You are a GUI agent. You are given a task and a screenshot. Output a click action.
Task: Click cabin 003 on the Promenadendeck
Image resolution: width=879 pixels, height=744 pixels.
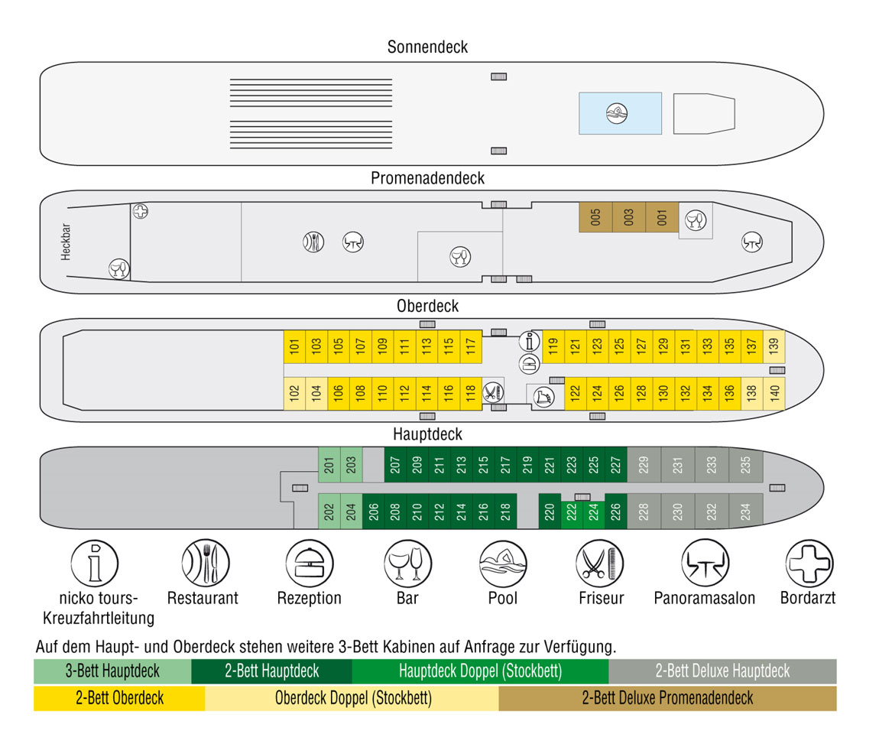628,217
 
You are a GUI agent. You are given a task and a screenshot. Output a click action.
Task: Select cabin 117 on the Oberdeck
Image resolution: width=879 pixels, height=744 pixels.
471,346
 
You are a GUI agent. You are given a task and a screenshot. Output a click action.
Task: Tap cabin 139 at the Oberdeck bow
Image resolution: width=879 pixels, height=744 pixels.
774,346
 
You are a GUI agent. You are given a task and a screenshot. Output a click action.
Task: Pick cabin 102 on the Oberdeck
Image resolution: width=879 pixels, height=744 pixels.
294,393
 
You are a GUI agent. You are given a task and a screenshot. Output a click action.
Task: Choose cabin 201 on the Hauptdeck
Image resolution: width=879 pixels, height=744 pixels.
329,465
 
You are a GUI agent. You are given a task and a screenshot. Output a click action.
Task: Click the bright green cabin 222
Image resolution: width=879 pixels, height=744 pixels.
571,512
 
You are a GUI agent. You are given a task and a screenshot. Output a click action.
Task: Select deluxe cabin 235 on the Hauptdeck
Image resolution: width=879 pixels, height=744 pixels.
745,465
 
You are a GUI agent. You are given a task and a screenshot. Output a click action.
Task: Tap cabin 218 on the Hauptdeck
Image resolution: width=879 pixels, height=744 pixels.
506,512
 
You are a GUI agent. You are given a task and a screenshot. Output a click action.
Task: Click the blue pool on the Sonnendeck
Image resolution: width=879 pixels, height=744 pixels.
620,113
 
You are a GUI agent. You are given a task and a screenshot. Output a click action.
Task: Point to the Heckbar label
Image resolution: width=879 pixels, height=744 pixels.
66,242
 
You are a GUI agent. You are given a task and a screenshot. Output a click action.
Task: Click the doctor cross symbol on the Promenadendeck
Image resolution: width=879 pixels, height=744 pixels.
140,211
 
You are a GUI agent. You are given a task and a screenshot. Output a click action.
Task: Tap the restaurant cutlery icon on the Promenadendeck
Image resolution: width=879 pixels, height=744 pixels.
313,242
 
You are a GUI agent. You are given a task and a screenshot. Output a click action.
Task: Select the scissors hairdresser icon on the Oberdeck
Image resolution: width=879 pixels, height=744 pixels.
492,392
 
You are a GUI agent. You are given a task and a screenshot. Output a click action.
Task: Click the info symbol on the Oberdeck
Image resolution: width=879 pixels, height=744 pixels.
529,341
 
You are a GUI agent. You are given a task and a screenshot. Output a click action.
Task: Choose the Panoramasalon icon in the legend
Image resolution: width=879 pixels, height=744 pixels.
705,563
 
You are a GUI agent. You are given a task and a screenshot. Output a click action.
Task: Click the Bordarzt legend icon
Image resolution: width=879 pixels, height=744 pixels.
809,563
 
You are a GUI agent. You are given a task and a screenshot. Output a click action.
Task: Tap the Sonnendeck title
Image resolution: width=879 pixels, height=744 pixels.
427,47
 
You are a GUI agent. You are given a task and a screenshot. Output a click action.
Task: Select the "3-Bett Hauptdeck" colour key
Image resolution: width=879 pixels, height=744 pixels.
112,671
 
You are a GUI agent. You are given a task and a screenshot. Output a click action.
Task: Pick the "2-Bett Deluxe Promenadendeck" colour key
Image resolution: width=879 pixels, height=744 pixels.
668,698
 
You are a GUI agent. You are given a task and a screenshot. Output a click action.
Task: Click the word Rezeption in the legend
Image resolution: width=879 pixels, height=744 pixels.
310,598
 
